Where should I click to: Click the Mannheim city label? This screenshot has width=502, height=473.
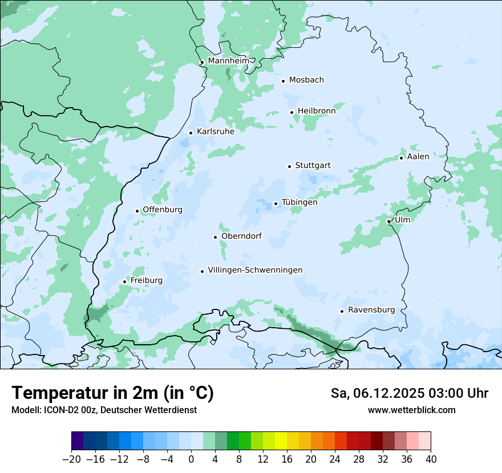[x=228, y=61]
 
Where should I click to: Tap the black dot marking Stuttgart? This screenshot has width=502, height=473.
[x=289, y=166]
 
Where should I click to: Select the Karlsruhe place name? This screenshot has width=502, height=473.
[x=215, y=132]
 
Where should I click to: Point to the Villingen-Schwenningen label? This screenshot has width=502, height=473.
[x=255, y=270]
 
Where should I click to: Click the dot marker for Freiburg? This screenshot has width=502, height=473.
[x=124, y=282]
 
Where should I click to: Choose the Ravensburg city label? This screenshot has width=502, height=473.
[x=371, y=310]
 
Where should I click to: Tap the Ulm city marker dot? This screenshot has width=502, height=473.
[x=388, y=221]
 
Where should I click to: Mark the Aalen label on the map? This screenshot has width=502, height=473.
[x=418, y=157]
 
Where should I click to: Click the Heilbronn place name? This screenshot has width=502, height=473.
[x=317, y=111]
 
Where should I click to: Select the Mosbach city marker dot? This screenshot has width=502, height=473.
[x=283, y=81]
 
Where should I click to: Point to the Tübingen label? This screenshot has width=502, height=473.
[x=299, y=202]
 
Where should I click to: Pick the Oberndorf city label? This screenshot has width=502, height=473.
[x=241, y=236]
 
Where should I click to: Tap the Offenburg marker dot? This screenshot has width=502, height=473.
[x=137, y=211]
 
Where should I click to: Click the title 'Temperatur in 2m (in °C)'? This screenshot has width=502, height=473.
[x=112, y=393]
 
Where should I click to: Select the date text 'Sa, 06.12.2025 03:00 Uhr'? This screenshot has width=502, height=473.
[x=409, y=393]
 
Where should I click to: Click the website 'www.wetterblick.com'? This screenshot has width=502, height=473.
[x=411, y=410]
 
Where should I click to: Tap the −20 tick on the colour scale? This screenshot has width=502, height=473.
[x=72, y=459]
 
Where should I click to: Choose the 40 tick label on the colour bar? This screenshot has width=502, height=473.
[x=431, y=459]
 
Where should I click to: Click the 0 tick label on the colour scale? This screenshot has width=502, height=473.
[x=191, y=459]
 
